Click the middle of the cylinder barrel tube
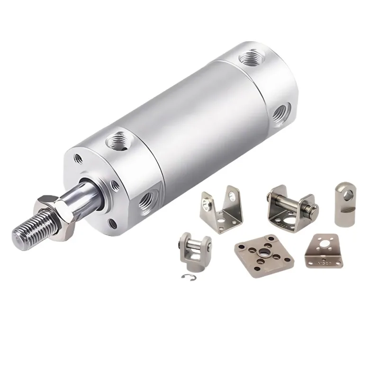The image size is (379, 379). [189, 123]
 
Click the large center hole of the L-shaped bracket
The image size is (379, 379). [325, 246]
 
